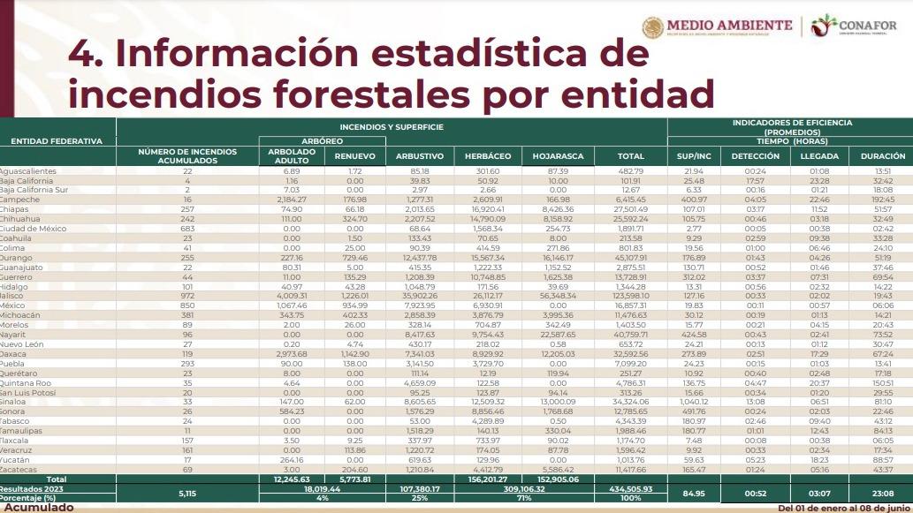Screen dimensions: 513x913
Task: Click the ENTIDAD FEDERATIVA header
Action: click(57, 141)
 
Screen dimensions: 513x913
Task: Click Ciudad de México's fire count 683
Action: click(186, 228)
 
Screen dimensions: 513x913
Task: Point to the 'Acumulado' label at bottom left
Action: click(37, 508)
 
